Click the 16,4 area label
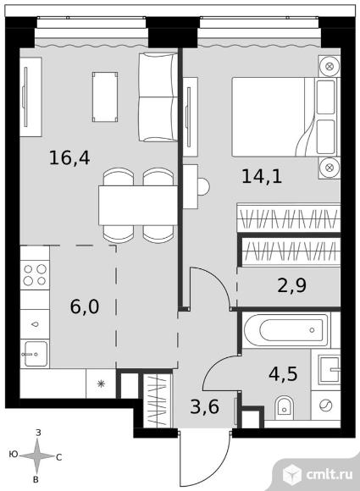[69, 157]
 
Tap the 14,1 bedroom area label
[262, 176]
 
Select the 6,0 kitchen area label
[85, 306]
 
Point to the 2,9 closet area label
[291, 285]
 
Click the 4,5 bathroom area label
[283, 374]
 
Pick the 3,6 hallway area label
[205, 406]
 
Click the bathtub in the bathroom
[287, 330]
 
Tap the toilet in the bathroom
[285, 408]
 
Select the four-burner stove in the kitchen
[35, 274]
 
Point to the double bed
[285, 117]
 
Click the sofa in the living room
[158, 97]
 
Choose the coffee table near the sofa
[105, 97]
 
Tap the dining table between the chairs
[138, 205]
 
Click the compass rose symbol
[37, 455]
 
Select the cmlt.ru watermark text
[329, 474]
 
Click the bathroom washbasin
[329, 370]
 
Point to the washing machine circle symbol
[325, 405]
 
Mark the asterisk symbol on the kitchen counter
[101, 383]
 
